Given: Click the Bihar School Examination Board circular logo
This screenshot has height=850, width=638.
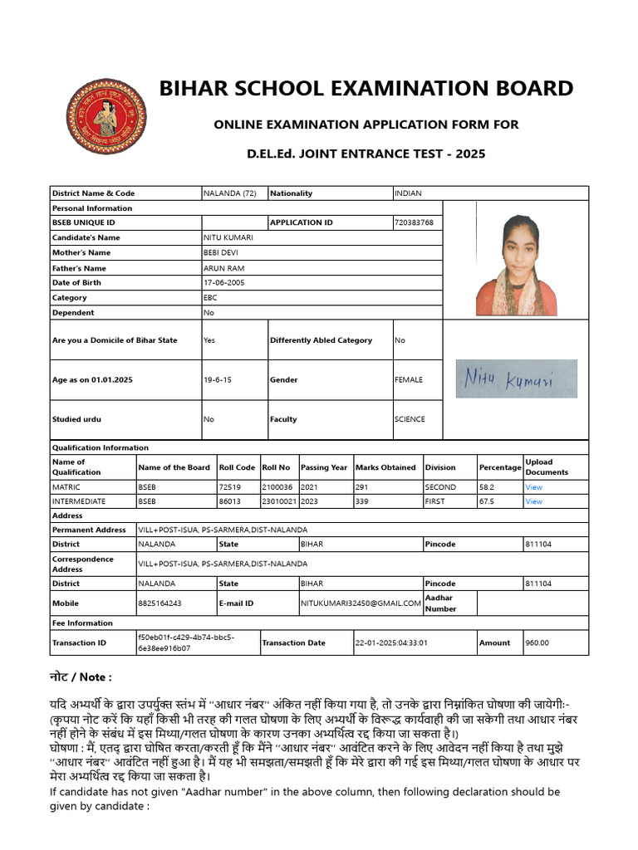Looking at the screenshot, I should (106, 116).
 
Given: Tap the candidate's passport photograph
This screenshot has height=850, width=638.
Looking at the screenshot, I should (516, 265).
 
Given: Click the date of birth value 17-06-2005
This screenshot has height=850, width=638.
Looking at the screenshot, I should (225, 283).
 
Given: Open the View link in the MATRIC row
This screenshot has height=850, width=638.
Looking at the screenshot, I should (533, 487).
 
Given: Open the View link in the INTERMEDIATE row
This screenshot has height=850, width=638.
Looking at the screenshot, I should (533, 501).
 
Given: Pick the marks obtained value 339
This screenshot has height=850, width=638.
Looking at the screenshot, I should (363, 501).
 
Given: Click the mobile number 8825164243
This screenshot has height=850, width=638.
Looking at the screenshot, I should (159, 603).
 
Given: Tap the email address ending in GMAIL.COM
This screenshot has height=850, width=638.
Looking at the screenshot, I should (361, 603).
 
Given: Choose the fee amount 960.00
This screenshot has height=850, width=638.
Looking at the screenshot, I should (537, 642).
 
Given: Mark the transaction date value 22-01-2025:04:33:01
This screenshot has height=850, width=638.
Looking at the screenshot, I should (391, 642).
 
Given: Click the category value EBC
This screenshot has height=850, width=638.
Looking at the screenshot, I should (210, 298).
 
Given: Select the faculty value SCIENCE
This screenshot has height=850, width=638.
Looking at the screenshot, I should (410, 419).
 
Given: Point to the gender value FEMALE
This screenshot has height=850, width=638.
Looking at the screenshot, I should (409, 380).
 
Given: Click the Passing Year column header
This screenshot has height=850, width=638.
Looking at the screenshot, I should (324, 467).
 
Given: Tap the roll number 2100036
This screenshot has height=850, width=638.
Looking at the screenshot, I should (277, 487).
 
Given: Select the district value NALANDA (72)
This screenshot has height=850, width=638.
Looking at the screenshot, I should (230, 193).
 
